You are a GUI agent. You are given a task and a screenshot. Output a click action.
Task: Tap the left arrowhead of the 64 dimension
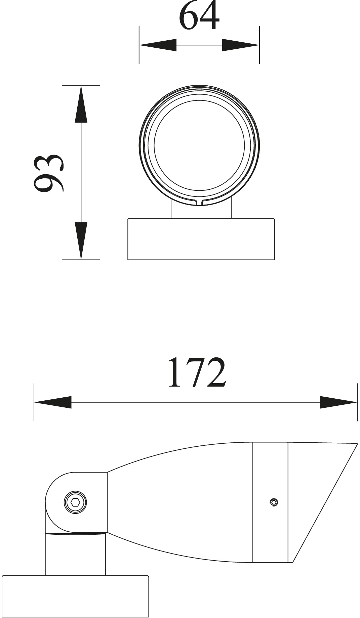pyautogui.click(x=158, y=45)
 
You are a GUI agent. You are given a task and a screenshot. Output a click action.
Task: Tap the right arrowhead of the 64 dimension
pyautogui.click(x=241, y=45)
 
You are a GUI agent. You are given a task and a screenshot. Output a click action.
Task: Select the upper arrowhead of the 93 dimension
pyautogui.click(x=81, y=104)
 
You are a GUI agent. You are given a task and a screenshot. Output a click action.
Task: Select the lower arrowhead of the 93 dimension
pyautogui.click(x=81, y=241)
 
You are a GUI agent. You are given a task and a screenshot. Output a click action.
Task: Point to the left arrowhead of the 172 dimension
pyautogui.click(x=53, y=402)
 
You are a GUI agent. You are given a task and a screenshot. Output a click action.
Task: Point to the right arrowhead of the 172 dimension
pyautogui.click(x=338, y=402)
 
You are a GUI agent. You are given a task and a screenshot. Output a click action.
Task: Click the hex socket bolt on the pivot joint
pyautogui.click(x=75, y=502)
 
